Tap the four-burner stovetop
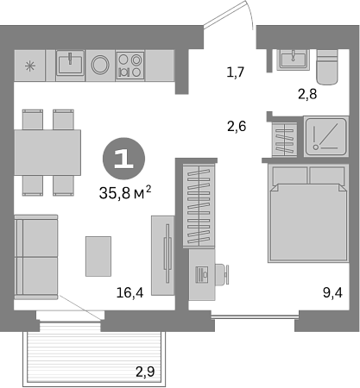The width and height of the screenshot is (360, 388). click(x=130, y=66)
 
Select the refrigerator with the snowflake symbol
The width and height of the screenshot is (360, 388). click(x=30, y=66)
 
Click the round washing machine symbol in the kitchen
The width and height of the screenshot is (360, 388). click(x=100, y=65)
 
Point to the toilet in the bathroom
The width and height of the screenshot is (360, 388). click(x=327, y=67)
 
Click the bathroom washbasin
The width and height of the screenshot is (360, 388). click(x=294, y=59)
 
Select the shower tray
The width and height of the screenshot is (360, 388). click(x=326, y=137)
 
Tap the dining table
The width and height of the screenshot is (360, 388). click(x=47, y=153)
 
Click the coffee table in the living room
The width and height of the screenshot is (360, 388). click(x=98, y=256)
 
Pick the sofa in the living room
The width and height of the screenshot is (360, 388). click(x=36, y=257)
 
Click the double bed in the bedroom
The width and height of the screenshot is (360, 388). click(x=308, y=213)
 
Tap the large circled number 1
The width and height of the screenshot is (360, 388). click(x=123, y=159)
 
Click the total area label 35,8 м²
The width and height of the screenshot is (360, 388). click(x=125, y=193)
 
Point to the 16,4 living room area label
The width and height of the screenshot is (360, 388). click(x=129, y=292)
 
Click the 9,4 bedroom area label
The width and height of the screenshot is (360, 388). click(x=332, y=293)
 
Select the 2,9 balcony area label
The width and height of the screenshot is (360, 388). click(x=145, y=372)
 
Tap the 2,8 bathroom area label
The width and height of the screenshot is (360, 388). click(x=307, y=94)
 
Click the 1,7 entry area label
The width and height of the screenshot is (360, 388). click(x=236, y=72)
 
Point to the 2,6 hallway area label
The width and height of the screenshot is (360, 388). click(x=237, y=126)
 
